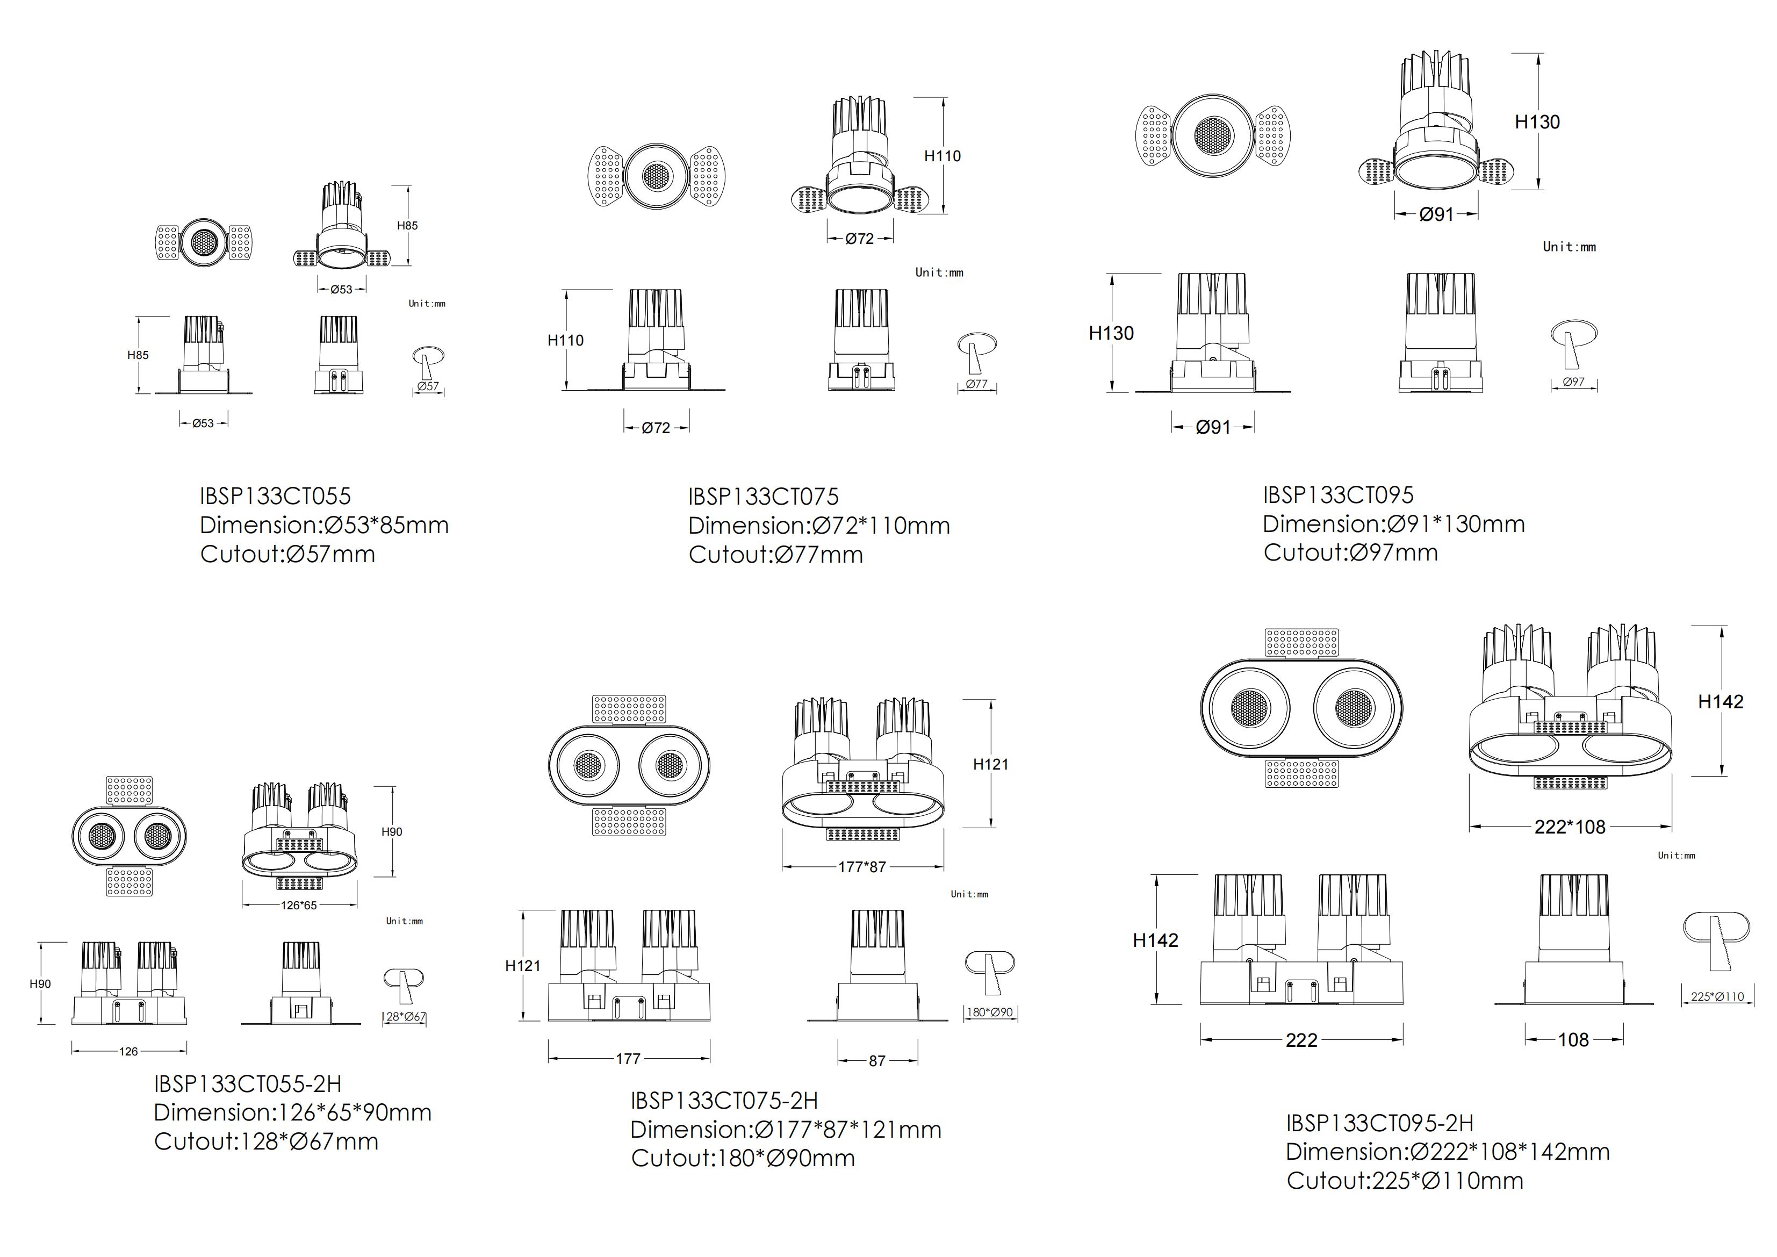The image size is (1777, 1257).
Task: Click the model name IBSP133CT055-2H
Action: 248,1083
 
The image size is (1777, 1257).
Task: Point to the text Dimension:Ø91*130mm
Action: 1393,524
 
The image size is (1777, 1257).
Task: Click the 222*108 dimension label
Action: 1570,827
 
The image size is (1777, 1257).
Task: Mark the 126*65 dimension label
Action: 299,905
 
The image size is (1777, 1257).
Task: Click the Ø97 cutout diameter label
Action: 1573,382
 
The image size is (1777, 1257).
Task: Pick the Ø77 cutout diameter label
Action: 977,384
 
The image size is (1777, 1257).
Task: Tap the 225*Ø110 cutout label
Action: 1717,996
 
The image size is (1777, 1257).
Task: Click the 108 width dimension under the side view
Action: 1573,1039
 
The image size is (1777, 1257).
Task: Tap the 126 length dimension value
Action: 128,1051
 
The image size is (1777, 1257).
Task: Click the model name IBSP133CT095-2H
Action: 1380,1123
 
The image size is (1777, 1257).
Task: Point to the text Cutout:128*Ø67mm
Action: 266,1141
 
